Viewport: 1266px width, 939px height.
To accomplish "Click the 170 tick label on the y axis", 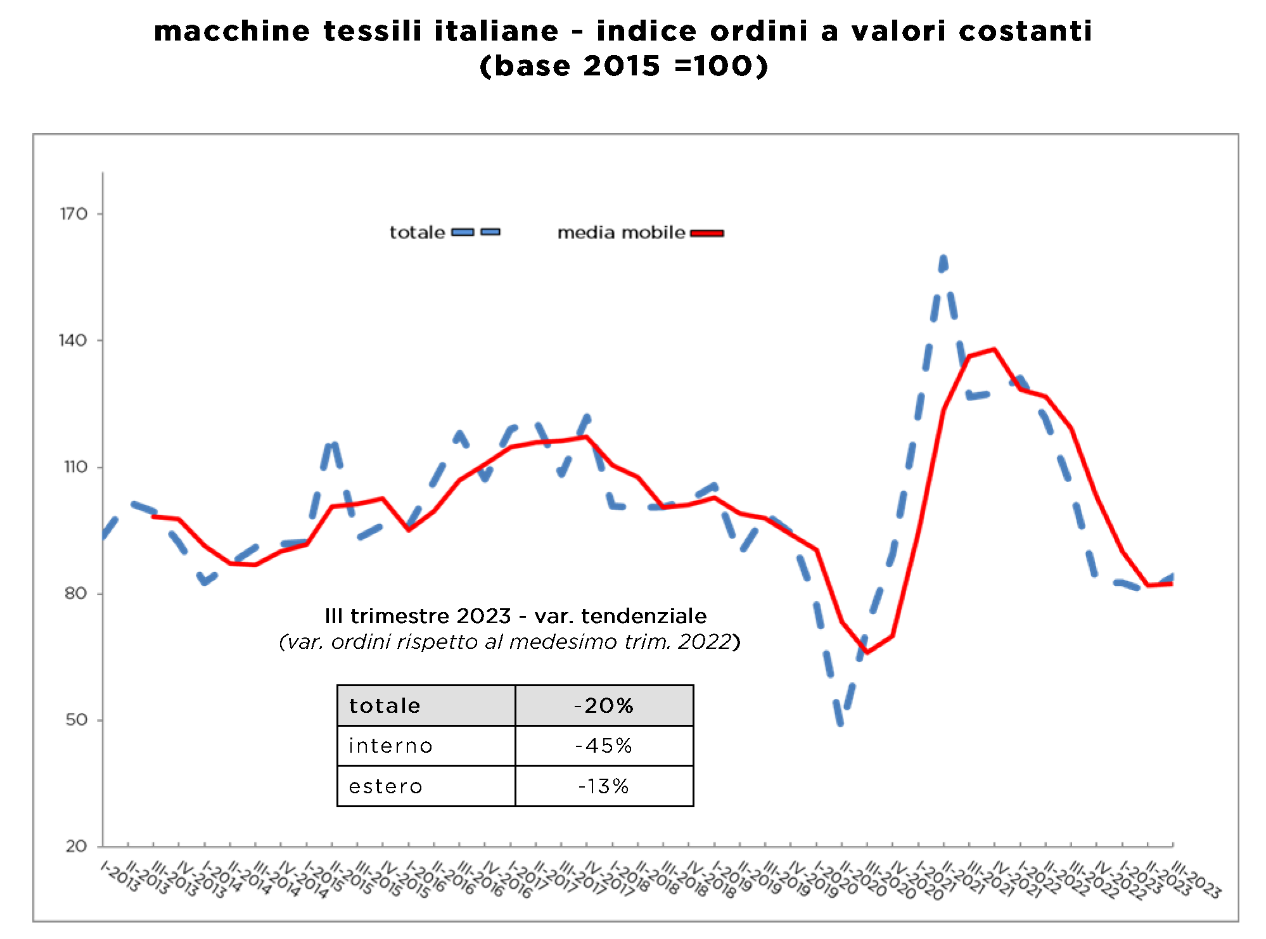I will pyautogui.click(x=74, y=214).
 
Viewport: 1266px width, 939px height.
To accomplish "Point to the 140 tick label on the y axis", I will pyautogui.click(x=73, y=341).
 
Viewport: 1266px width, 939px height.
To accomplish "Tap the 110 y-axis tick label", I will pyautogui.click(x=75, y=468).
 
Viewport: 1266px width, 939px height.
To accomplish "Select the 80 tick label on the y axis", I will pyautogui.click(x=75, y=594).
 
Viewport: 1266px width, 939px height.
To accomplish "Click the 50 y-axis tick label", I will pyautogui.click(x=76, y=720).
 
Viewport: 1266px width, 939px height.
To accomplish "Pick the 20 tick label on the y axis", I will pyautogui.click(x=76, y=846).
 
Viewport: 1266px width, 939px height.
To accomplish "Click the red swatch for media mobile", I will pyautogui.click(x=707, y=233).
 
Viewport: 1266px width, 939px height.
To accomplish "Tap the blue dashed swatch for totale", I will pyautogui.click(x=475, y=233).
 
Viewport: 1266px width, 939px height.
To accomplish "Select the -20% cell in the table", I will pyautogui.click(x=604, y=706).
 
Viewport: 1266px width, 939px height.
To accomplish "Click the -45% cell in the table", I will pyautogui.click(x=604, y=746).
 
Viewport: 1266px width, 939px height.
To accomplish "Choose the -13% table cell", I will pyautogui.click(x=604, y=786).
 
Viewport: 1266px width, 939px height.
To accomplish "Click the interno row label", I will pyautogui.click(x=390, y=746).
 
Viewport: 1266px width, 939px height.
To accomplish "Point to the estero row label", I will pyautogui.click(x=385, y=786).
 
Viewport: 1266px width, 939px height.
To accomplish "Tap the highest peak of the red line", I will pyautogui.click(x=994, y=349).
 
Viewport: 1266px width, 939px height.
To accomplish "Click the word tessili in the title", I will pyautogui.click(x=372, y=31).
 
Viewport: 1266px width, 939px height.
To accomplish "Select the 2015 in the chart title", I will pyautogui.click(x=622, y=66).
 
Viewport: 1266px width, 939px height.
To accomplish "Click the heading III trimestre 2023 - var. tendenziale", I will pyautogui.click(x=515, y=616).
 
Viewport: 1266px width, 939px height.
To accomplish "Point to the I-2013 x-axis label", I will pyautogui.click(x=119, y=877).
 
